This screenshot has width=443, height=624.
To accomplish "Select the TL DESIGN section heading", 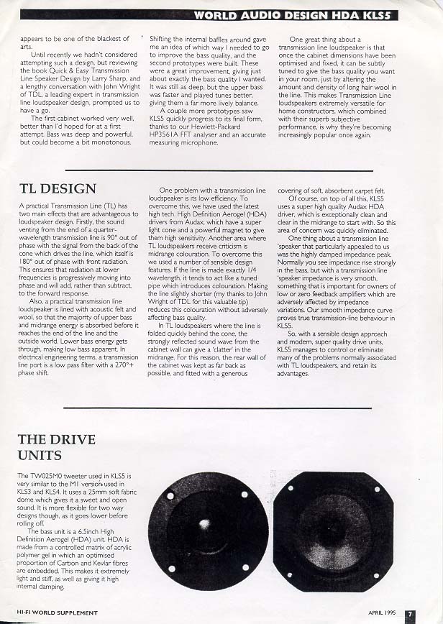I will coord(57,189).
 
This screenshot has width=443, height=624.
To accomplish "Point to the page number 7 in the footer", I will coord(410,614).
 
